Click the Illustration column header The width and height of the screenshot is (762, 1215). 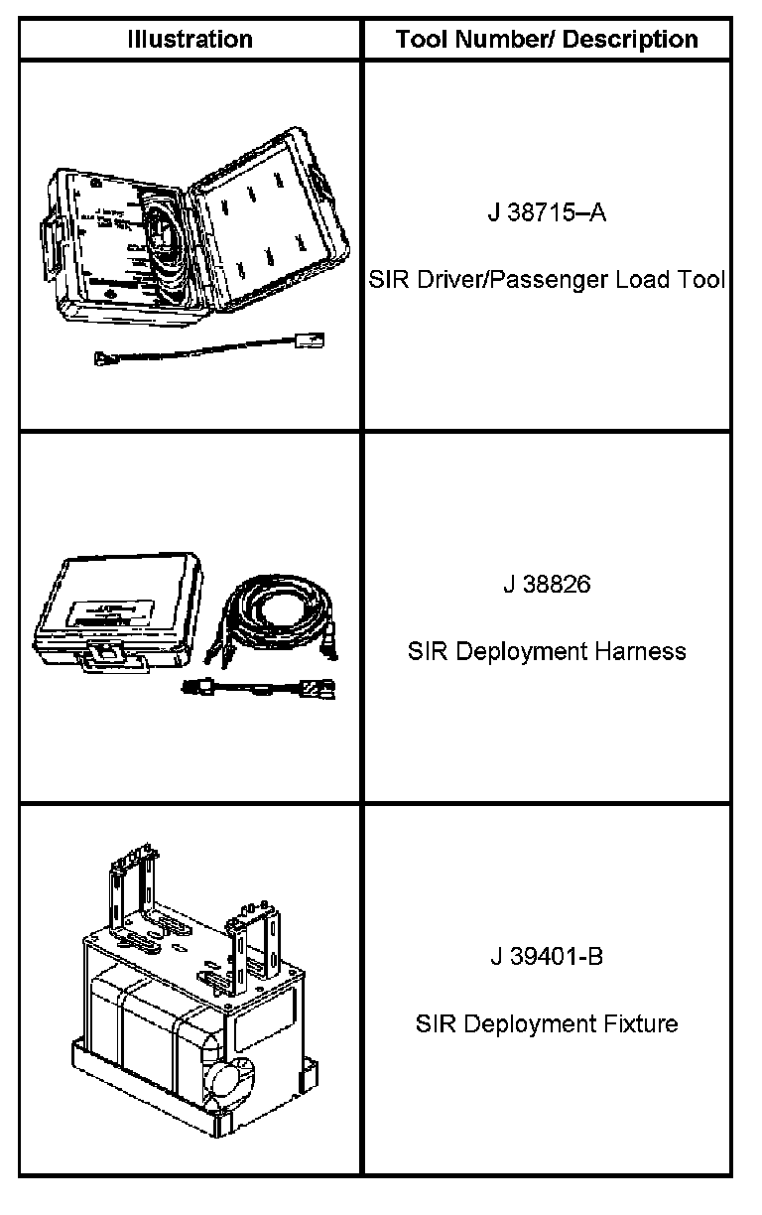coord(190,40)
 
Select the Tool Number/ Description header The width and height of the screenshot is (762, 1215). coord(547,40)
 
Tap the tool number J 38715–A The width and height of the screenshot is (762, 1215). coord(547,213)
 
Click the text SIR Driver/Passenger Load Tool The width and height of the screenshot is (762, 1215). coord(547,280)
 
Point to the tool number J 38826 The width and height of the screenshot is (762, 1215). coord(547,585)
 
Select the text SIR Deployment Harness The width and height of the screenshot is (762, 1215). coord(547,652)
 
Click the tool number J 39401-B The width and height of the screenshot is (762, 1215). coord(547,957)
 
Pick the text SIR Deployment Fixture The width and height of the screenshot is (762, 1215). coord(547,1023)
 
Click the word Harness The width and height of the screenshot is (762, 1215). coord(640,652)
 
